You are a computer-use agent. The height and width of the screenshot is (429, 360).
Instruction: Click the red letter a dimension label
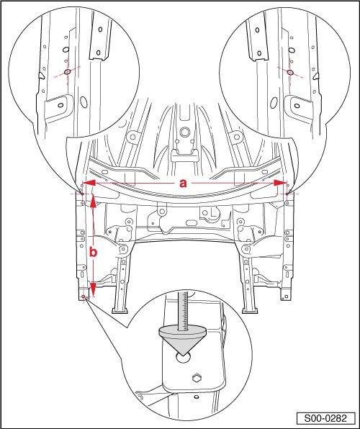tap(183, 183)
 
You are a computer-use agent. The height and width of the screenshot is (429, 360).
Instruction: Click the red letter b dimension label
tap(94, 251)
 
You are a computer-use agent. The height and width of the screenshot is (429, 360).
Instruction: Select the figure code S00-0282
tap(325, 418)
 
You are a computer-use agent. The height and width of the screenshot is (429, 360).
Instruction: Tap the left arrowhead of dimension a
tap(89, 183)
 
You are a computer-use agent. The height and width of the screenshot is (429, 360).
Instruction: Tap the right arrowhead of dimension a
tap(280, 183)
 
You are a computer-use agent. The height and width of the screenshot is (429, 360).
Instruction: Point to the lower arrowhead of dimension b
tap(93, 289)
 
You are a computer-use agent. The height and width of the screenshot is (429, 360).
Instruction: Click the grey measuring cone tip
tap(183, 355)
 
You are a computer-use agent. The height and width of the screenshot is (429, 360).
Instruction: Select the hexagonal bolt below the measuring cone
tap(197, 379)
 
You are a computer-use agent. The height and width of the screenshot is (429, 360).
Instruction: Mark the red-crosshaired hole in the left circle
tap(68, 72)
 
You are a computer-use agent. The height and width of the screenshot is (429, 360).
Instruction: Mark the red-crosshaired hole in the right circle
tap(290, 72)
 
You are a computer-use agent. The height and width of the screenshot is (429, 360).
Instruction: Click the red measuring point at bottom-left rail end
tap(84, 297)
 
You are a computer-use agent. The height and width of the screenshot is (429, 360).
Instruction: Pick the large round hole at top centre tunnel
tap(185, 132)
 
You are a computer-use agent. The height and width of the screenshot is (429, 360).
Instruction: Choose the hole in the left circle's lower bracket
tap(60, 105)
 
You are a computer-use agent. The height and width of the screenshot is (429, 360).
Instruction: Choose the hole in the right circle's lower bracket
tap(297, 106)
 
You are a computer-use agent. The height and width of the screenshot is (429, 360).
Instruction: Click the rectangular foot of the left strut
tap(120, 310)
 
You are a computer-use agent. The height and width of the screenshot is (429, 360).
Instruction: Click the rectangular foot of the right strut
tap(250, 310)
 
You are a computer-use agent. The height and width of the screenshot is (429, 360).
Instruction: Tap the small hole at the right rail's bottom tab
tap(287, 297)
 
